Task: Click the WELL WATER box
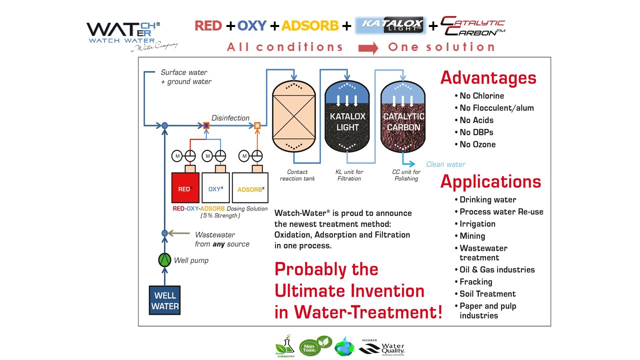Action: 164,300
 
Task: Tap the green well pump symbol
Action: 164,260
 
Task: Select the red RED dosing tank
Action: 185,187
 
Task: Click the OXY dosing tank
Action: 215,187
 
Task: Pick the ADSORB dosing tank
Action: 250,187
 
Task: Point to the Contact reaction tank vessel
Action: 293,116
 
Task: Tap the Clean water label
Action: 445,164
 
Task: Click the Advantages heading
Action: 488,78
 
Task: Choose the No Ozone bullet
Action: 477,144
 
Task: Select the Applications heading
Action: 490,181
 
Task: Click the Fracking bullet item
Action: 475,281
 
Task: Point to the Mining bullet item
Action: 472,236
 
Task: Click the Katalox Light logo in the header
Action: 390,25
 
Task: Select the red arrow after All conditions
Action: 368,48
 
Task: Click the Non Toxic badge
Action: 310,346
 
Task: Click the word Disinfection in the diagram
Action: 230,118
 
